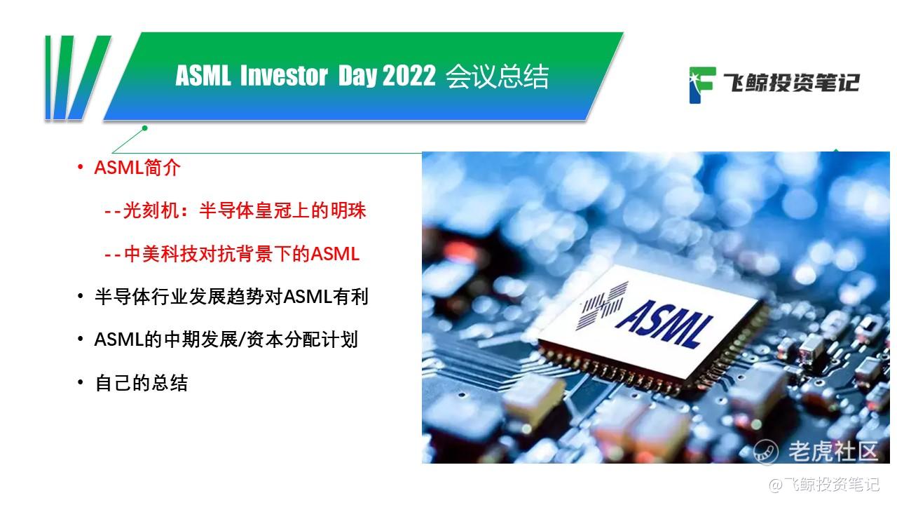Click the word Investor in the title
pos(283,76)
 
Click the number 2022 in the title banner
pos(409,76)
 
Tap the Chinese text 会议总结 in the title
pos(497,76)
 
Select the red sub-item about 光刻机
pos(235,210)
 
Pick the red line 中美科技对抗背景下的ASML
pos(232,254)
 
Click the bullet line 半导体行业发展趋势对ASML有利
pos(231,297)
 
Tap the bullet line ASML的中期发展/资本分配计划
pos(226,339)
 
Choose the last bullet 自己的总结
pos(141,383)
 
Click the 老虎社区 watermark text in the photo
pos(833,451)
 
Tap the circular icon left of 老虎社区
pos(766,451)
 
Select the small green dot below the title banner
pos(145,128)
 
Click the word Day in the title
pos(358,76)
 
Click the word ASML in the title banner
pos(203,76)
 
